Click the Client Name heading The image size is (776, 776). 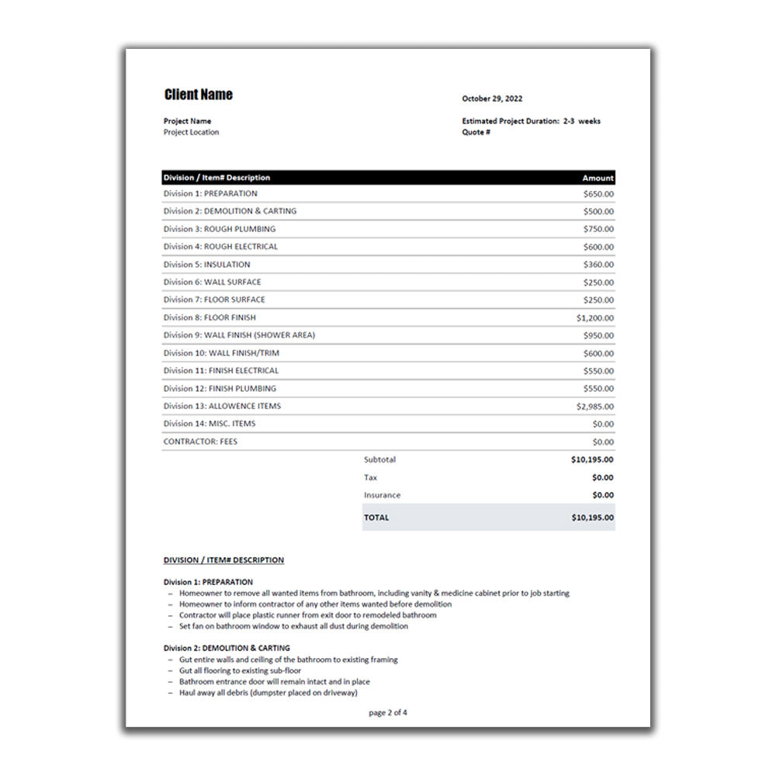pos(198,95)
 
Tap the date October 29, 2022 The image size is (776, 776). pos(492,99)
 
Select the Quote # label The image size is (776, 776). pos(476,132)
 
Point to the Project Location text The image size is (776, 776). pos(191,132)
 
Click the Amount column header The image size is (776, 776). pos(598,178)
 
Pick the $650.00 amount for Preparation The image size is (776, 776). pos(598,194)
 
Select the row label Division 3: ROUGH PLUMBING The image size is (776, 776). pos(219,229)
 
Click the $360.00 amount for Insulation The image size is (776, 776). pos(598,265)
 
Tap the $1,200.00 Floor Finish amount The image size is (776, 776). pos(594,317)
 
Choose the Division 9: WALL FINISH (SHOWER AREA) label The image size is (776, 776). pos(239,335)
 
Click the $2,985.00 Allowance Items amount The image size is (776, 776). pos(594,406)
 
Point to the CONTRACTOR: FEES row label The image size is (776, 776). pos(200,442)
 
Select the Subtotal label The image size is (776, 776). pos(379,459)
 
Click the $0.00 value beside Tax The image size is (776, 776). pos(602,477)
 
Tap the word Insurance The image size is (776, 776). pos(382,495)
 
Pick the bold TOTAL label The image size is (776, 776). pos(376,518)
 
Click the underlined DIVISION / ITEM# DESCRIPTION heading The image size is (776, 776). pos(223,560)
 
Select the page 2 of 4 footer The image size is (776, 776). pos(388,712)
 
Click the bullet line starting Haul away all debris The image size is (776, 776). pos(268,693)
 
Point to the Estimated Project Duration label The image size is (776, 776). pos(510,121)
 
